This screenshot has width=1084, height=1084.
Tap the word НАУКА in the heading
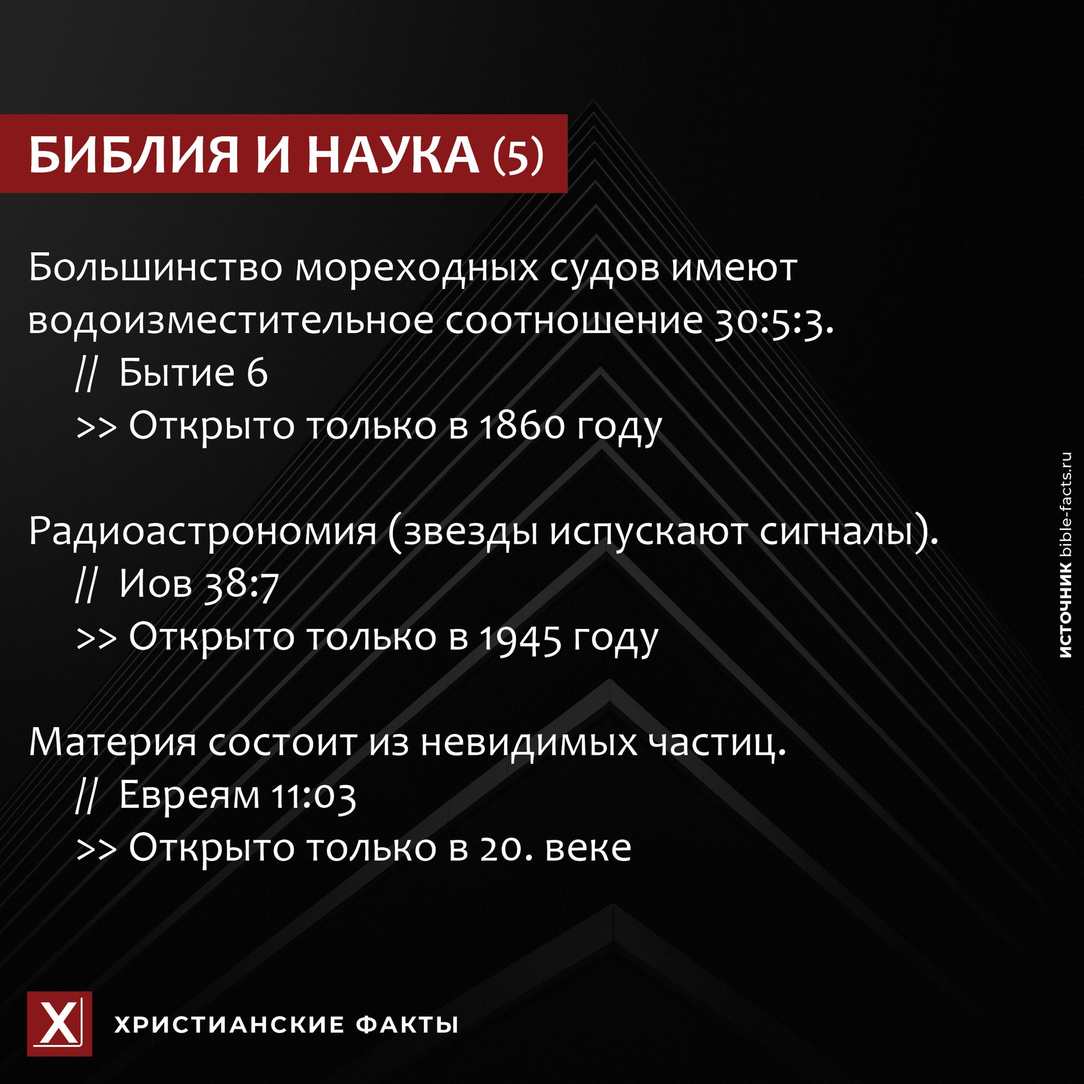(393, 155)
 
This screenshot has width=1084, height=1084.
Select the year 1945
(521, 637)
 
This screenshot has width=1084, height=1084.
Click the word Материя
(113, 742)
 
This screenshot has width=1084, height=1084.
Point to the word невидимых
(529, 742)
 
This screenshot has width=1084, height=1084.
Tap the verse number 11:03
(313, 795)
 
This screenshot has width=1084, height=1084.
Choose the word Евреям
(189, 795)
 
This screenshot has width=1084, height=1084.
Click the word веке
(588, 848)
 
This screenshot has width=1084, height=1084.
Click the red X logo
(59, 1024)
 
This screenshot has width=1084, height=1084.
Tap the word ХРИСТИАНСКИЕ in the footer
(229, 1024)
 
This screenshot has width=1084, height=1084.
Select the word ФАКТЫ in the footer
(407, 1024)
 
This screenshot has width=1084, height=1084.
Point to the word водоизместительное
(231, 320)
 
